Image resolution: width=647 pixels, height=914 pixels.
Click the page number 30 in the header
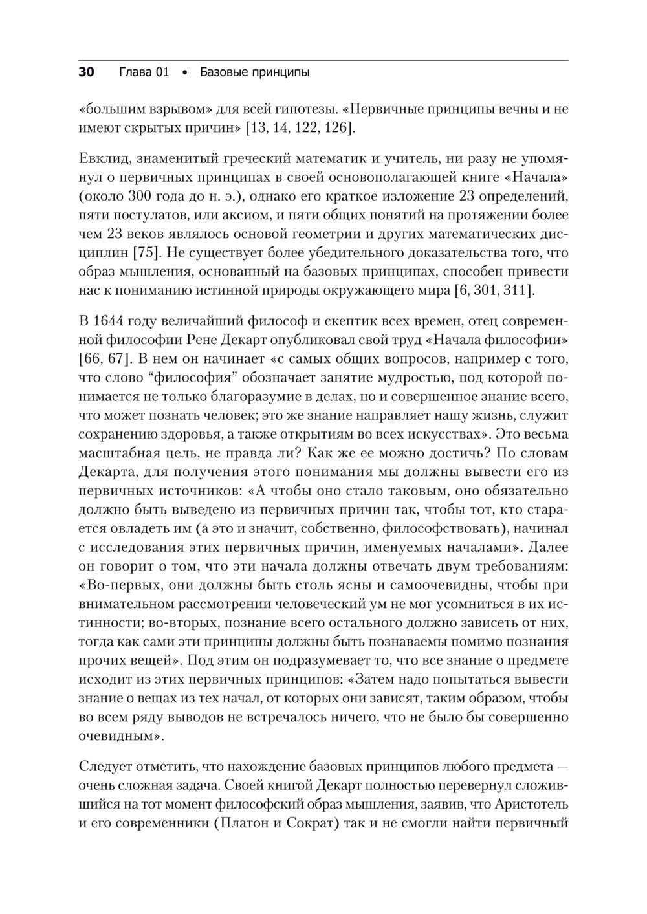click(x=87, y=72)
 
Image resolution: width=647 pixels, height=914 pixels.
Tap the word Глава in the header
click(x=135, y=72)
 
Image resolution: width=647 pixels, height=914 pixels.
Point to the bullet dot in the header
click(x=184, y=73)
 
